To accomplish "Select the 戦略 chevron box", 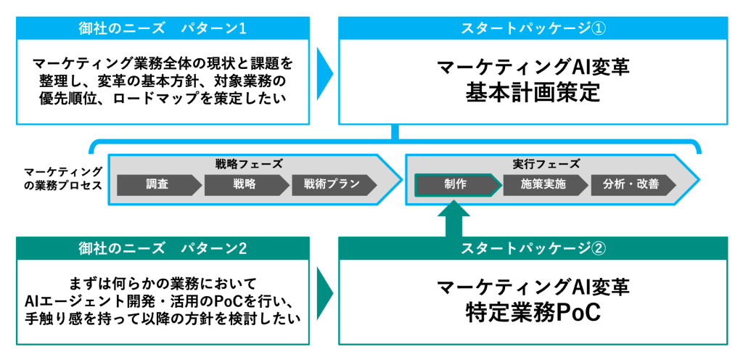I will [245, 184].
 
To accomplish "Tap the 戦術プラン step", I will [332, 184].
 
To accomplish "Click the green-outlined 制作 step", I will [456, 184].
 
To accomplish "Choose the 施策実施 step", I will [543, 184].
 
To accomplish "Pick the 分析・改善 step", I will [631, 184].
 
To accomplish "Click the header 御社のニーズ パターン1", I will [163, 29].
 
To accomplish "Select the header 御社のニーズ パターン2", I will [163, 248].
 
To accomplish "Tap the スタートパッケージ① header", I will [533, 29].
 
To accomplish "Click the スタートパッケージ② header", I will [533, 248].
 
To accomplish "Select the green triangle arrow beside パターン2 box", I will [324, 294].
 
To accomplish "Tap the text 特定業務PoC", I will [533, 313].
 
